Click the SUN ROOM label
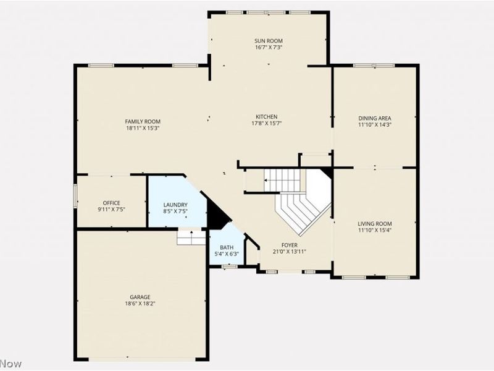tap(269, 41)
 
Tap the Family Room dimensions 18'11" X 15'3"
tap(143, 128)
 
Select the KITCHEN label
tap(267, 117)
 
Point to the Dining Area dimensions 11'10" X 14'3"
tap(375, 125)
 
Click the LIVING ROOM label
tap(375, 224)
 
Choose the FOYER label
tap(289, 245)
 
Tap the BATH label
tap(227, 247)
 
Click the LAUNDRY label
tap(175, 205)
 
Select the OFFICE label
tap(112, 203)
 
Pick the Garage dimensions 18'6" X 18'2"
tap(140, 304)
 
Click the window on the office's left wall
tap(75, 196)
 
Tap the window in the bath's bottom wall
tap(229, 267)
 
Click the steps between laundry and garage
tap(191, 237)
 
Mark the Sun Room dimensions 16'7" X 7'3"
tap(269, 48)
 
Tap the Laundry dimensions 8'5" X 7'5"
tap(175, 211)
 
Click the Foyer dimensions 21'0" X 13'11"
tap(289, 252)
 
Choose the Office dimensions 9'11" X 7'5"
tap(112, 209)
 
